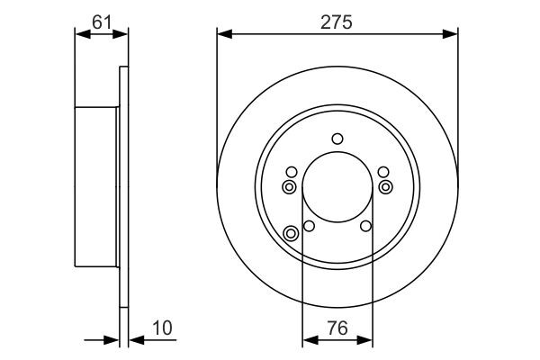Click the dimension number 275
(x=337, y=20)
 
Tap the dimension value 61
(x=102, y=20)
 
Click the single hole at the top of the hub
(x=337, y=139)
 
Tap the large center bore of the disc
(x=337, y=189)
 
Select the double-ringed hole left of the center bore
(x=289, y=186)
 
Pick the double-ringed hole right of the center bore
(x=386, y=186)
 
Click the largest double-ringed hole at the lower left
(x=291, y=234)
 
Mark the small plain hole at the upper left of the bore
(x=291, y=172)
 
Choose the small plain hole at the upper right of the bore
(x=384, y=172)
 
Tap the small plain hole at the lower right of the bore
(x=366, y=226)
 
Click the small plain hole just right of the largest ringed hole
(x=309, y=226)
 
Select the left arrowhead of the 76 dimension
(x=308, y=340)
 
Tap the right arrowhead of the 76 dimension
(x=367, y=340)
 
